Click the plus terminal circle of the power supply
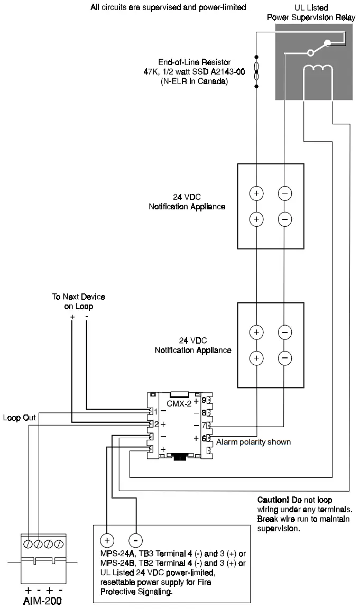pos(107,540)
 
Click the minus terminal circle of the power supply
pos(136,540)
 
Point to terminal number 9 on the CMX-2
pos(204,401)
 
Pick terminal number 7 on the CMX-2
pos(204,425)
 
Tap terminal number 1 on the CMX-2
pos(155,411)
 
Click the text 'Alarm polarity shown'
pos(253,442)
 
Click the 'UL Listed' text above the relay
pos(310,8)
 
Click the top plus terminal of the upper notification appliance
pos(256,193)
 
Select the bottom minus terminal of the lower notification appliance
pos(284,358)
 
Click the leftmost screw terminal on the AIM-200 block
pos(27,543)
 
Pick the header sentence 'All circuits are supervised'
pos(168,7)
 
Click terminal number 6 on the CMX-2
pos(204,438)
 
